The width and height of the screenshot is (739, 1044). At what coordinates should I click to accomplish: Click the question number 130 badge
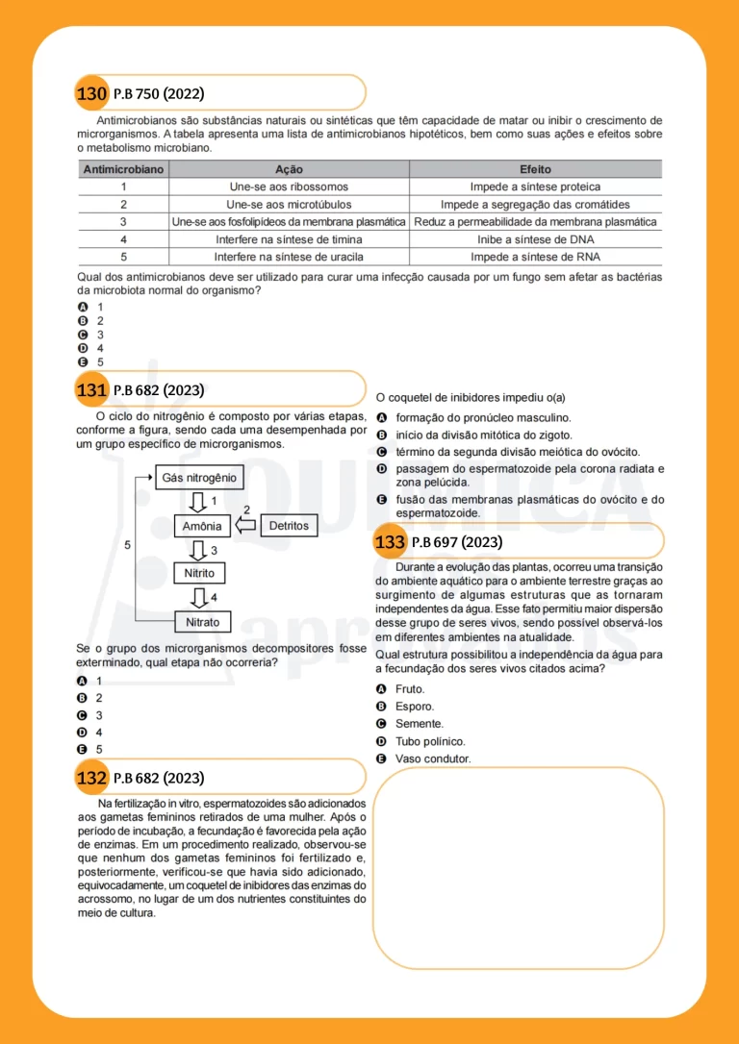click(91, 94)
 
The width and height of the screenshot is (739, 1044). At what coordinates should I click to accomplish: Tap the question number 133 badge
click(390, 543)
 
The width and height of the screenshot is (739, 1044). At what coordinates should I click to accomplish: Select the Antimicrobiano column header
click(123, 169)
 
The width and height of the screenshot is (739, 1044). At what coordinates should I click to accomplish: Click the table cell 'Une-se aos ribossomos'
click(289, 186)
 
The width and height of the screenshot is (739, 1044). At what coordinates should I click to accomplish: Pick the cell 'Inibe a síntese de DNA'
click(535, 239)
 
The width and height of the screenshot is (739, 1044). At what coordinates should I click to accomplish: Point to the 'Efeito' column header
click(535, 169)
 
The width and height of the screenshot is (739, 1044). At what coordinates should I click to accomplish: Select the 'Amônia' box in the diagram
click(202, 526)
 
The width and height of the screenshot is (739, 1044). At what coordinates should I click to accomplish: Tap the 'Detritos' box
click(289, 526)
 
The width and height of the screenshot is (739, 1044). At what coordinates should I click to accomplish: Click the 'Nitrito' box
click(199, 574)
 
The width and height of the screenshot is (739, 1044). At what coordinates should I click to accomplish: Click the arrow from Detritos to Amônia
click(245, 526)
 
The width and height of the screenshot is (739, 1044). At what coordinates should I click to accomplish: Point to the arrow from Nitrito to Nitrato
click(200, 598)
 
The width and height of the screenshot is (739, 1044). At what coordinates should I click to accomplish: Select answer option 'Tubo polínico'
click(430, 741)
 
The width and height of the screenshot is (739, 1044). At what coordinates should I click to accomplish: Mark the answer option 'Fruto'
click(410, 689)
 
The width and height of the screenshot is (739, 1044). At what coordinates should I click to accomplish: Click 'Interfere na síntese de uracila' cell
click(289, 257)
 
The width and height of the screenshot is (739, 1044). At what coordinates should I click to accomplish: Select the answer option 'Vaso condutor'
click(433, 758)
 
